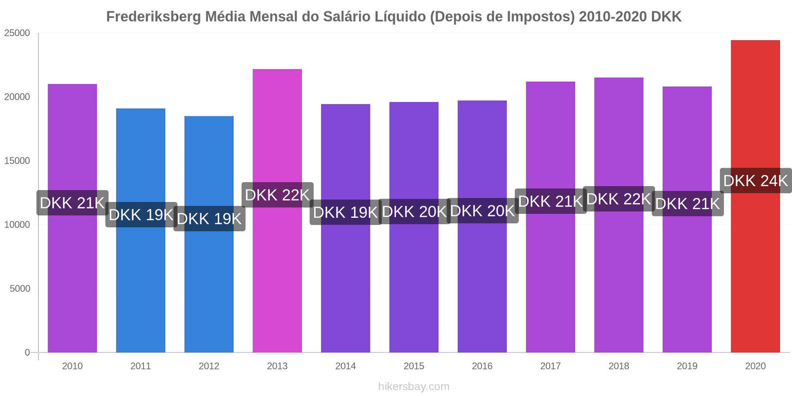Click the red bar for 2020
[x=755, y=196]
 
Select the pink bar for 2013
[x=277, y=211]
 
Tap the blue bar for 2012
[x=209, y=234]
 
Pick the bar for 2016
[x=482, y=226]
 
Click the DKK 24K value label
[x=755, y=181]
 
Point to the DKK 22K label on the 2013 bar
[x=278, y=195]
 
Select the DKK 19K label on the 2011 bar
[x=141, y=215]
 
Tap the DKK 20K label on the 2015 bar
[x=414, y=211]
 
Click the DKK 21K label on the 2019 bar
[x=688, y=203]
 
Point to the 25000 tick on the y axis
[x=17, y=33]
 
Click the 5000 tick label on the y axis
[x=20, y=289]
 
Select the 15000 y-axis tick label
[x=17, y=161]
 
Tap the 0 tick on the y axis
[x=27, y=352]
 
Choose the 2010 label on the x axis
[x=72, y=366]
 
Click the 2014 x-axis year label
[x=346, y=366]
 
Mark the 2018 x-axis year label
[x=619, y=366]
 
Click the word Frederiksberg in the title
[x=153, y=17]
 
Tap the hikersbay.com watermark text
[x=414, y=386]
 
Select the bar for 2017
[x=550, y=217]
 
